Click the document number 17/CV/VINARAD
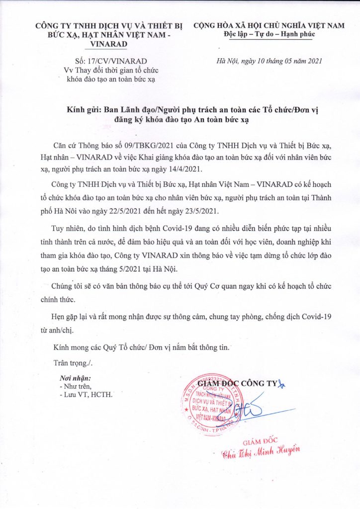118,61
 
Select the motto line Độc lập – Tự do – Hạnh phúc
268,33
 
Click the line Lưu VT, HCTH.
88,395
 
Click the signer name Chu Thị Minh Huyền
262,452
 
